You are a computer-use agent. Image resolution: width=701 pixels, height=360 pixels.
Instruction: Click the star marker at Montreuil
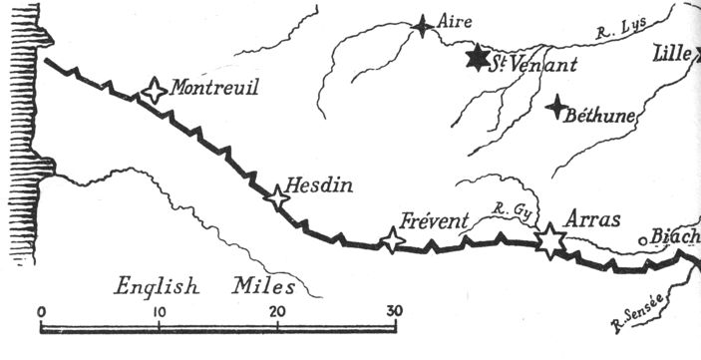tap(154, 91)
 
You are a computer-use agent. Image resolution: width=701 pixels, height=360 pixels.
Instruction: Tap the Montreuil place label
tap(214, 89)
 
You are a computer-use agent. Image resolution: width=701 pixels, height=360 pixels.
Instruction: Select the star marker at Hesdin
tap(276, 197)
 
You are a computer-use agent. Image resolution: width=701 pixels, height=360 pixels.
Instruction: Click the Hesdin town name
tap(319, 184)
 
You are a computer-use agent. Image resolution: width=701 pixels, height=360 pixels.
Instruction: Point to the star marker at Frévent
tap(393, 240)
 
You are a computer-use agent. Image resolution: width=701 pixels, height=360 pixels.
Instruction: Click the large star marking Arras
tap(548, 240)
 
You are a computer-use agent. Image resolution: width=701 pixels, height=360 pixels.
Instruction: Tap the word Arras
tap(592, 219)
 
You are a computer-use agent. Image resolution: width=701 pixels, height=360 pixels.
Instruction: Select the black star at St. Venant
tap(479, 57)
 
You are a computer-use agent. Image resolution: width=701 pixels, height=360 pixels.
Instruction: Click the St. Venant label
tap(523, 64)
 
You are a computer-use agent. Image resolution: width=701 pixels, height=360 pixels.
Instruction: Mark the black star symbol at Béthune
tap(559, 107)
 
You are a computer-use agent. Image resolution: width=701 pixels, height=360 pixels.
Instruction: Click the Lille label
tap(674, 54)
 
